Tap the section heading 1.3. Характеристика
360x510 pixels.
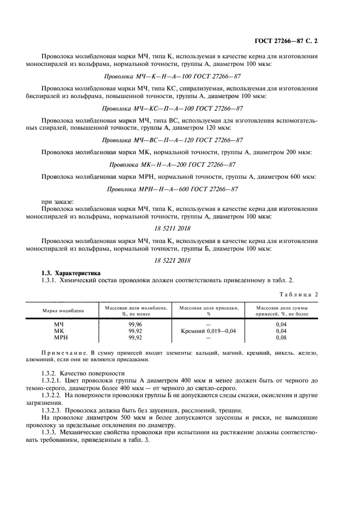pyautogui.click(x=71, y=273)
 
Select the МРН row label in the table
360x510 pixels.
pyautogui.click(x=59, y=337)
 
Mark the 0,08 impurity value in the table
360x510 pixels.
pyautogui.click(x=282, y=337)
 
